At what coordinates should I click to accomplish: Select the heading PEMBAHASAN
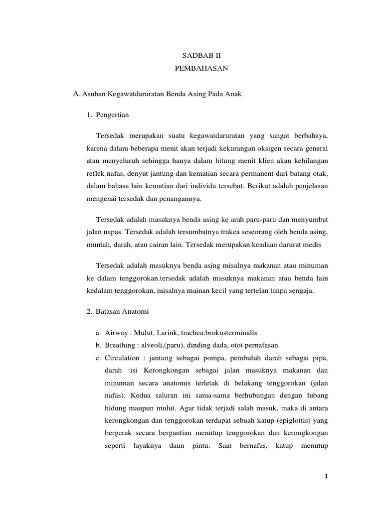pyautogui.click(x=201, y=69)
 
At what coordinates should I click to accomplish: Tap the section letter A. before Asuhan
pyautogui.click(x=77, y=94)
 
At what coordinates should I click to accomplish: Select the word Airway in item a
pyautogui.click(x=116, y=333)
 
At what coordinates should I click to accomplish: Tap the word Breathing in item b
pyautogui.click(x=120, y=345)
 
